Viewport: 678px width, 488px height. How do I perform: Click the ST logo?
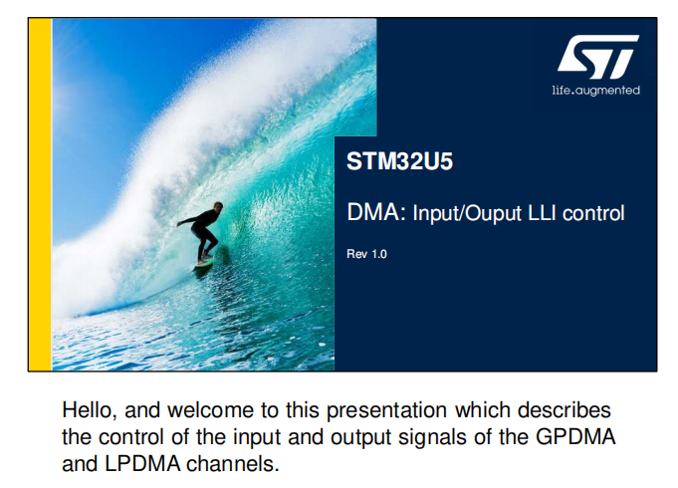[x=598, y=57]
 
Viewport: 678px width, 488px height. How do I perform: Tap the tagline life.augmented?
[x=595, y=91]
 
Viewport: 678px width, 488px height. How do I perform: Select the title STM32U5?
[x=399, y=161]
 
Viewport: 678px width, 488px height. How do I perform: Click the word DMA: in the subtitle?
[x=376, y=212]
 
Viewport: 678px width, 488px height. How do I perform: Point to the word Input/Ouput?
[x=467, y=214]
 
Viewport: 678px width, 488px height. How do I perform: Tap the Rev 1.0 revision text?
[x=366, y=254]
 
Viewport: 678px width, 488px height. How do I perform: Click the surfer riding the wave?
[x=202, y=233]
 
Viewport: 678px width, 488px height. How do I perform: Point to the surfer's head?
[x=218, y=207]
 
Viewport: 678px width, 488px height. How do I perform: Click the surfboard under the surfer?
[x=203, y=263]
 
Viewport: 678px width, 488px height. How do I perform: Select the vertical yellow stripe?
[x=40, y=194]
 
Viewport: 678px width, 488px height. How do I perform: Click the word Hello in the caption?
[x=90, y=410]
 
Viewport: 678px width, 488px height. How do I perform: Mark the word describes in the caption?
[x=564, y=410]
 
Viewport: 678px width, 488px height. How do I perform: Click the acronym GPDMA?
[x=575, y=437]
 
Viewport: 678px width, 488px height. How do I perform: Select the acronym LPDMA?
[x=142, y=464]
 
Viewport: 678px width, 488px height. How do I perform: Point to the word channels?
[x=233, y=464]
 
